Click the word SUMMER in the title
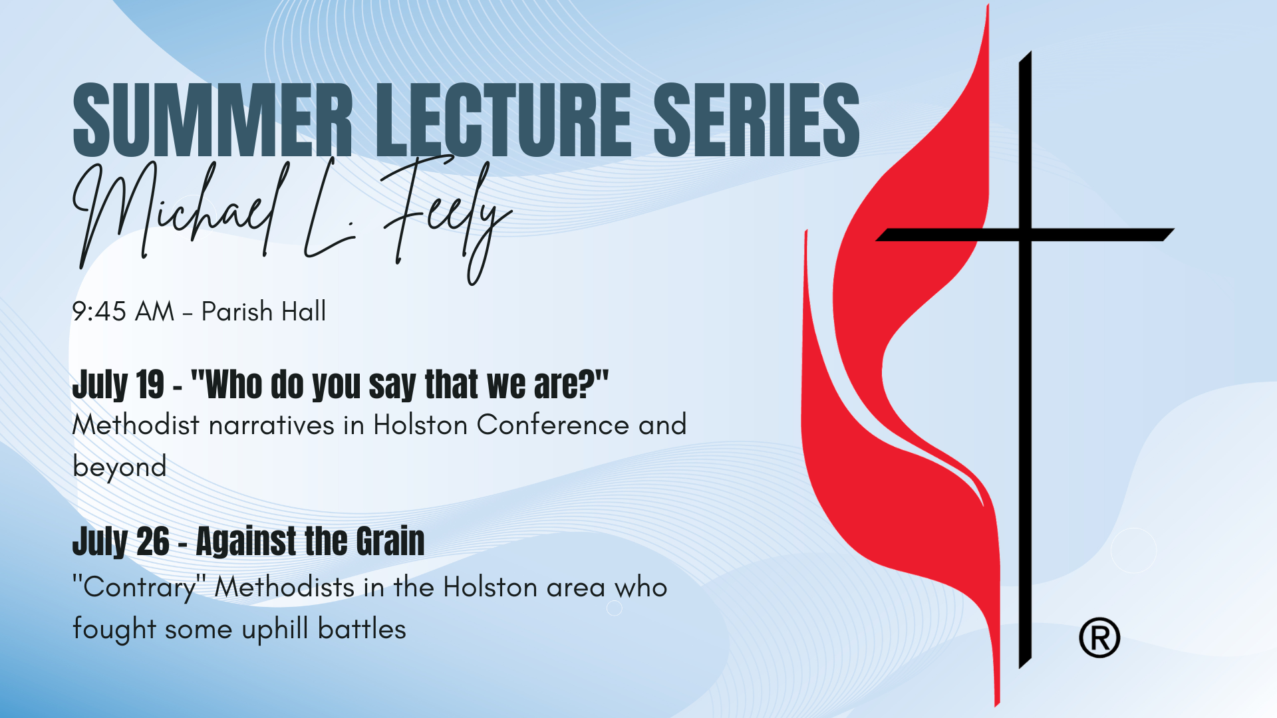pyautogui.click(x=212, y=120)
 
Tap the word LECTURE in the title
pyautogui.click(x=503, y=120)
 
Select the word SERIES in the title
pyautogui.click(x=757, y=120)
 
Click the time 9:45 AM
pyautogui.click(x=123, y=311)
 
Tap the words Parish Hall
pyautogui.click(x=264, y=311)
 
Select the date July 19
pyautogui.click(x=118, y=385)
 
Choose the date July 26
pyautogui.click(x=121, y=541)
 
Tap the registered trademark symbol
pyautogui.click(x=1099, y=638)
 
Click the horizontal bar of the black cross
pyautogui.click(x=1025, y=235)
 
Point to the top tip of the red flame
pyautogui.click(x=988, y=5)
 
